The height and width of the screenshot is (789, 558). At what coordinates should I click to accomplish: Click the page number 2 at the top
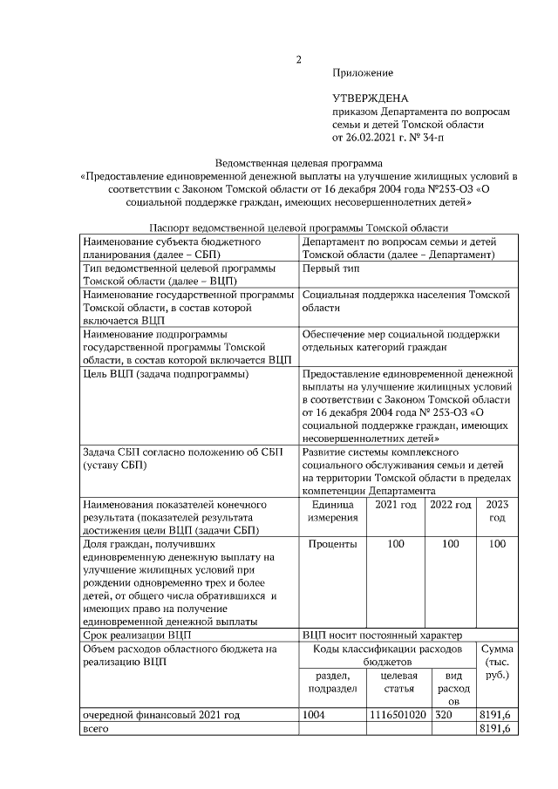coord(298,59)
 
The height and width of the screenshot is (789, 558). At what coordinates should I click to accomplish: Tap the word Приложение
coord(363,72)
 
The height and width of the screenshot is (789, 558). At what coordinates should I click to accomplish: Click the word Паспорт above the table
coord(171,227)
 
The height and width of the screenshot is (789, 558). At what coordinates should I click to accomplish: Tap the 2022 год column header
coord(451,505)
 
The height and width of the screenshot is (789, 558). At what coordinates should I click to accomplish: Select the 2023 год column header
coord(496,511)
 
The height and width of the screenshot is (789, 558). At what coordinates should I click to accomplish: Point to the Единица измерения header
coord(331,512)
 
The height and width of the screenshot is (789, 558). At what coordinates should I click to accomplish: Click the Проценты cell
coord(332,544)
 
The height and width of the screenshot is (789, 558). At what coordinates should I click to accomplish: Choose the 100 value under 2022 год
coord(451,544)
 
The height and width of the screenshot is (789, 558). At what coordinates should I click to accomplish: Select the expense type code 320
coord(445,714)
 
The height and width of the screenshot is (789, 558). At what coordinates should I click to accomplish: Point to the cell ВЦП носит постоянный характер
coord(387,635)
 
